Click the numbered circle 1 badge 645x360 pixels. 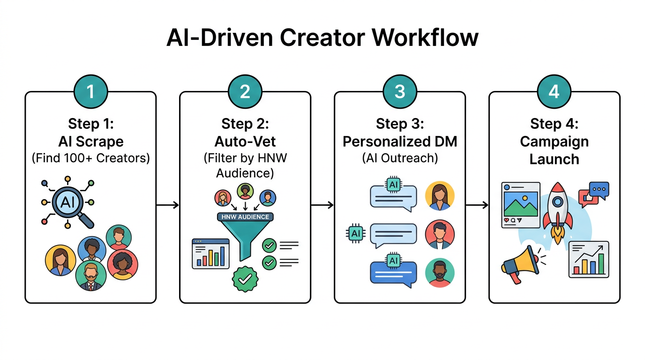(x=90, y=91)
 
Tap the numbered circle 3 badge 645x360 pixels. (x=399, y=91)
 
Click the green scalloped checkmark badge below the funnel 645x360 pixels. (x=245, y=279)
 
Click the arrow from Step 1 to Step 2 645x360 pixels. (x=167, y=205)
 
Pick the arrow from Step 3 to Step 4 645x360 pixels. (x=477, y=205)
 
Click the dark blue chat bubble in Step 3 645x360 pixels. (x=393, y=272)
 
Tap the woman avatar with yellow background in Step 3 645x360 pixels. (x=440, y=196)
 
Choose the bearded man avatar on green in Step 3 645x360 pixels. (x=440, y=272)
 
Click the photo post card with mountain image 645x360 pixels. (x=521, y=205)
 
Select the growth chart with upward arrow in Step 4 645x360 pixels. (x=589, y=259)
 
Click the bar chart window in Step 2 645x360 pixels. (x=210, y=254)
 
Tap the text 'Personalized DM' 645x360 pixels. (x=399, y=142)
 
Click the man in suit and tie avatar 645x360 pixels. (x=91, y=276)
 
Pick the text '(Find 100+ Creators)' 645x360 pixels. (x=90, y=158)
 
